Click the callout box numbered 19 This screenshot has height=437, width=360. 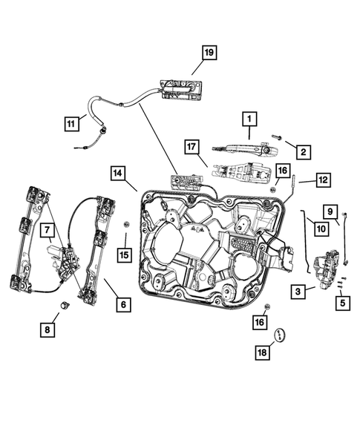point(209,52)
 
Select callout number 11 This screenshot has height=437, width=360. point(71,124)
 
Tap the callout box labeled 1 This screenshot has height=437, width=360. point(249,118)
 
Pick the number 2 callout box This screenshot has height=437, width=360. point(303,152)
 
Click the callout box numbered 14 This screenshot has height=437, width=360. point(119,174)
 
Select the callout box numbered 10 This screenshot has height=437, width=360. point(320,229)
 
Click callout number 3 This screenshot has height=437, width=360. point(297,292)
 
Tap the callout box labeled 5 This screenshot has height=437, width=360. point(341,302)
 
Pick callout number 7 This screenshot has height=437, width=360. point(47,231)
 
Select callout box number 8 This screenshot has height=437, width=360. point(47,328)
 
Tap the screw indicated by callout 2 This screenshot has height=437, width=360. point(275,138)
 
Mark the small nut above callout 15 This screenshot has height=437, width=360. point(125,223)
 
